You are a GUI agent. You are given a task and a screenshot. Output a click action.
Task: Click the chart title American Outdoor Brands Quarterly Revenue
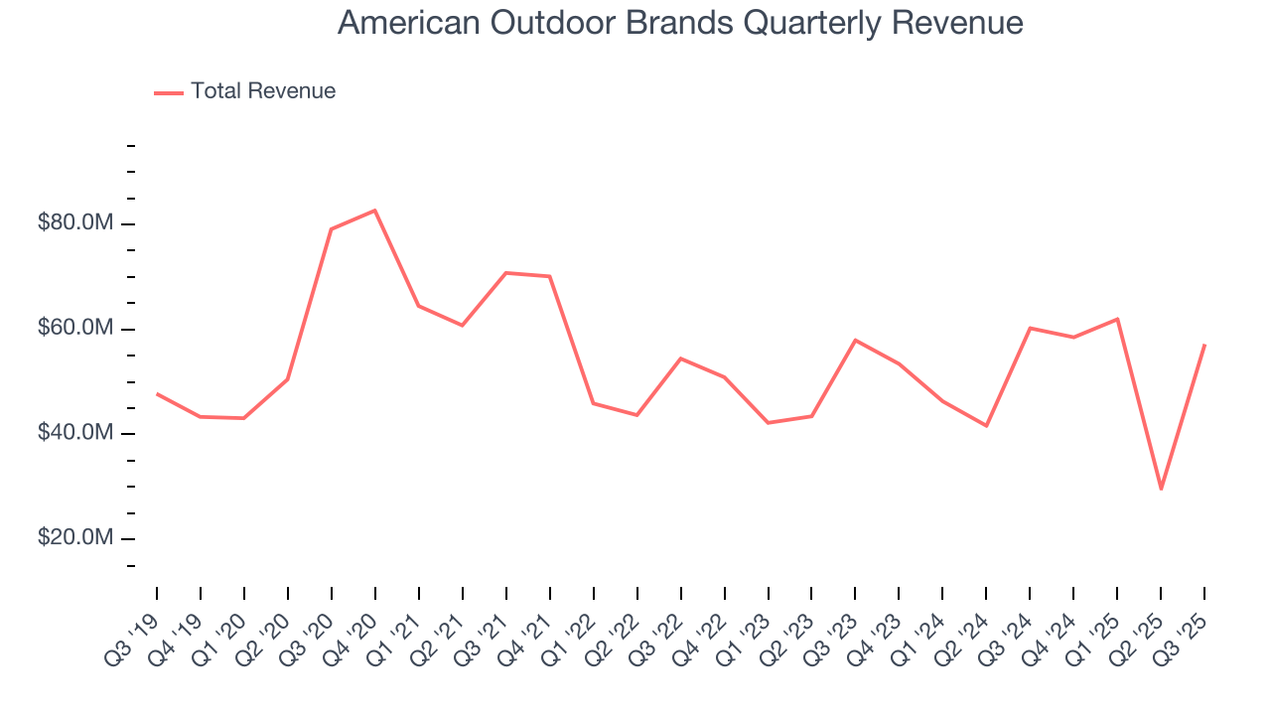(680, 22)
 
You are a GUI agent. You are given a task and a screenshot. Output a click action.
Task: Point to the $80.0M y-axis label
(75, 223)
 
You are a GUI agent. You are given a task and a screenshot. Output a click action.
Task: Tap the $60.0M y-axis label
(75, 329)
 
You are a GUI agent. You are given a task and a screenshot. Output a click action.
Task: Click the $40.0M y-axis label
(75, 433)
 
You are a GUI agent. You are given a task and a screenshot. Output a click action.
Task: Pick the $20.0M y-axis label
(75, 538)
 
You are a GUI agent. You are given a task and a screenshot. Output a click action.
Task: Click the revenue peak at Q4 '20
(374, 211)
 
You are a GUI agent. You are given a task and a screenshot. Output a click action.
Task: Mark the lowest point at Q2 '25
(1161, 489)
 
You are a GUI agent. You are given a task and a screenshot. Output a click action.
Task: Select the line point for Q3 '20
(331, 229)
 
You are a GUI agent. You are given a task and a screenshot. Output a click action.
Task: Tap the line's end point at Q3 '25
(1204, 345)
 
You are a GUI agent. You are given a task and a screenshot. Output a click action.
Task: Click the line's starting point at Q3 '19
(157, 394)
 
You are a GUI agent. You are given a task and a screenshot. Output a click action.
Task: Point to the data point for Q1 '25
(1117, 319)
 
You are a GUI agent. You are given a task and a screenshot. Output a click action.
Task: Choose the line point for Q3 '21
(505, 273)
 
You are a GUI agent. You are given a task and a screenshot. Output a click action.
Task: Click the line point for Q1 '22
(593, 403)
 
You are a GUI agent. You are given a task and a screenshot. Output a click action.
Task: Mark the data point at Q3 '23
(855, 341)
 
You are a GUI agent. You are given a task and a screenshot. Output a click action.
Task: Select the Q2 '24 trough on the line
(986, 426)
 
